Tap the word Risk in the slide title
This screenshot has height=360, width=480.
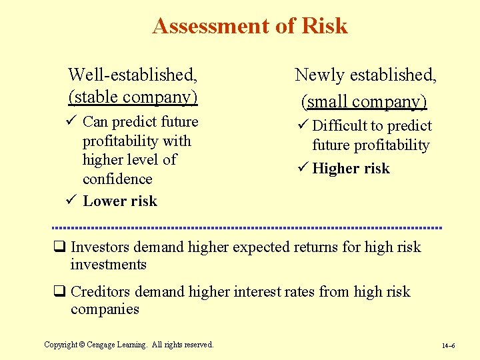click(x=325, y=26)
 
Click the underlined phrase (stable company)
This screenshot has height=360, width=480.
click(x=133, y=97)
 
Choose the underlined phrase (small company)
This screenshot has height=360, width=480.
click(x=364, y=101)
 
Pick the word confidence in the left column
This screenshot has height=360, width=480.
click(x=117, y=179)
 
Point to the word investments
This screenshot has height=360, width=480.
click(x=108, y=265)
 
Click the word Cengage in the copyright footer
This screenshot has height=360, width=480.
click(x=117, y=345)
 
